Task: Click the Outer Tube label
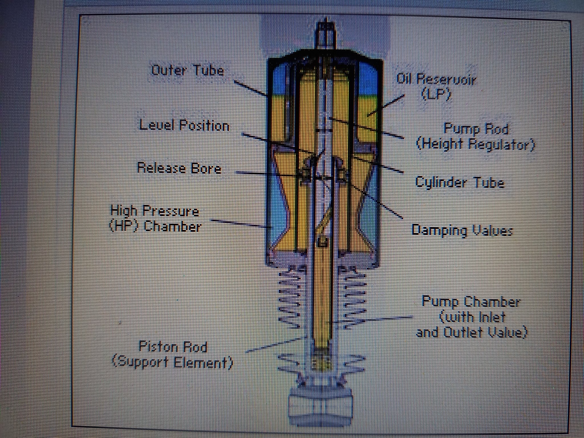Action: [188, 70]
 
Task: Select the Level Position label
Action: [184, 125]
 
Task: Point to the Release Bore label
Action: [179, 168]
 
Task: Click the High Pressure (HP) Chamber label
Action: [155, 219]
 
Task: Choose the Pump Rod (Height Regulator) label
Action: [476, 137]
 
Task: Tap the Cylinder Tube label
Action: [459, 182]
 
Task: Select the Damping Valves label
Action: [462, 230]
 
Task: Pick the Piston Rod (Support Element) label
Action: [173, 355]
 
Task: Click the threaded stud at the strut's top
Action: [325, 36]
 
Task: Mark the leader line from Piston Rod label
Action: [274, 344]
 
